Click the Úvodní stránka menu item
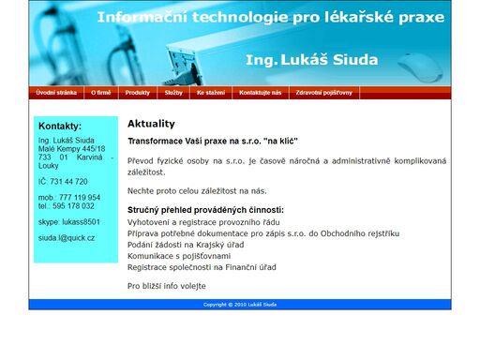57,93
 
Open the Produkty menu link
138,93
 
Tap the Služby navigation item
173,93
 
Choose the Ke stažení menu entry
210,93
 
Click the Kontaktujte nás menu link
260,93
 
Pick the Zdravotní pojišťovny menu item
324,93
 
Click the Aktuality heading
151,124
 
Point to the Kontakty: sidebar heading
60,126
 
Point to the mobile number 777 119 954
82,198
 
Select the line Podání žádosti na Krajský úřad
186,244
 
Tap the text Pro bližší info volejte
166,286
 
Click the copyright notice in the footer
239,305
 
